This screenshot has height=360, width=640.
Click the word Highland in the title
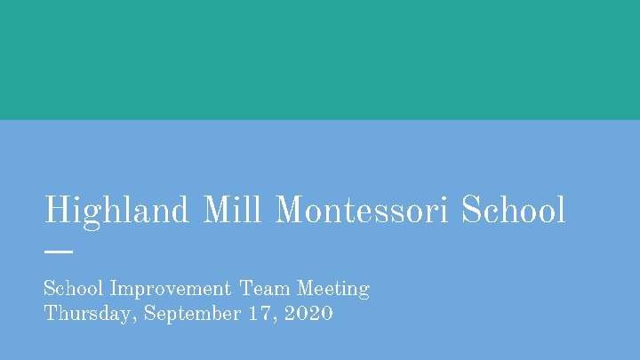point(116,211)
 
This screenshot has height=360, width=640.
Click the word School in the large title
point(513,211)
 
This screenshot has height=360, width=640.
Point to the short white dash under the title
point(58,252)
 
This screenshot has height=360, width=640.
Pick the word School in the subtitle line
point(75,289)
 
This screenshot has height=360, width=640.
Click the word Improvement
point(169,289)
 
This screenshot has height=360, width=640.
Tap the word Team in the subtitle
point(265,289)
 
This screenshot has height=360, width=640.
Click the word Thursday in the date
point(87,314)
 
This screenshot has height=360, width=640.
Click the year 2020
point(311,314)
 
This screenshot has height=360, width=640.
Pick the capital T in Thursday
point(51,314)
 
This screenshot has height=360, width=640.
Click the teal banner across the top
point(320,60)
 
